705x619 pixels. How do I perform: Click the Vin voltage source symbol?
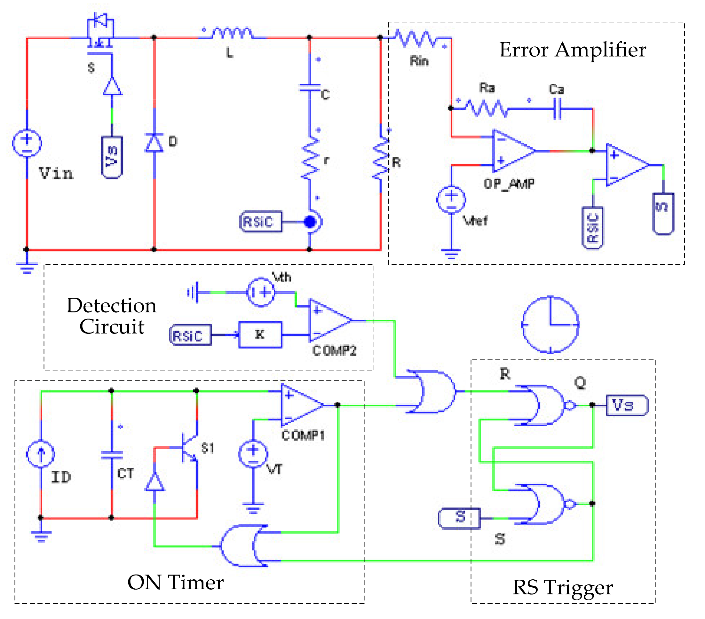coord(27,143)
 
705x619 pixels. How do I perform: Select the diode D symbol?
coord(154,142)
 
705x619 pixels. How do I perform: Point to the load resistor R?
coord(380,159)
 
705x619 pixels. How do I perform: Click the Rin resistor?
coord(416,39)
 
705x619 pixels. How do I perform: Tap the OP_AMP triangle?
coord(512,151)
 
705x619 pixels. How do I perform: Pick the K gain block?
coord(260,335)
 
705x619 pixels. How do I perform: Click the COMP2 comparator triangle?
coord(329,320)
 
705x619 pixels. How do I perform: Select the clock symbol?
coord(550,325)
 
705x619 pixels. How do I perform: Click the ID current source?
coord(41,454)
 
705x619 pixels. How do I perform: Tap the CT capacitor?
coord(112,455)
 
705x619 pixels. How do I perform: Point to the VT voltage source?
coord(253,454)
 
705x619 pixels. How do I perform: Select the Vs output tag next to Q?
coord(627,405)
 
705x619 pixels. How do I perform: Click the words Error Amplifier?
coord(573,50)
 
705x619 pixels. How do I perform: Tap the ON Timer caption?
coord(175,583)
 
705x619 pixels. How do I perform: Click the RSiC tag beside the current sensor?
coord(260,222)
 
